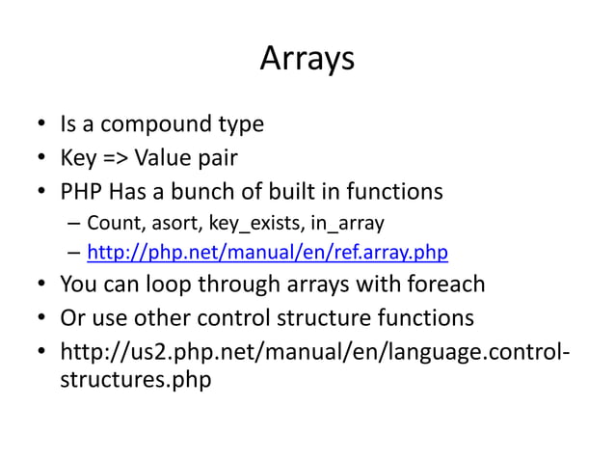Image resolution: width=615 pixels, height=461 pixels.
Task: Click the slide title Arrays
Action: click(307, 60)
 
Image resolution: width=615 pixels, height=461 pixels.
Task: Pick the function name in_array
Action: click(347, 224)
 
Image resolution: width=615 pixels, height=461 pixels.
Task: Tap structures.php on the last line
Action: click(135, 379)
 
